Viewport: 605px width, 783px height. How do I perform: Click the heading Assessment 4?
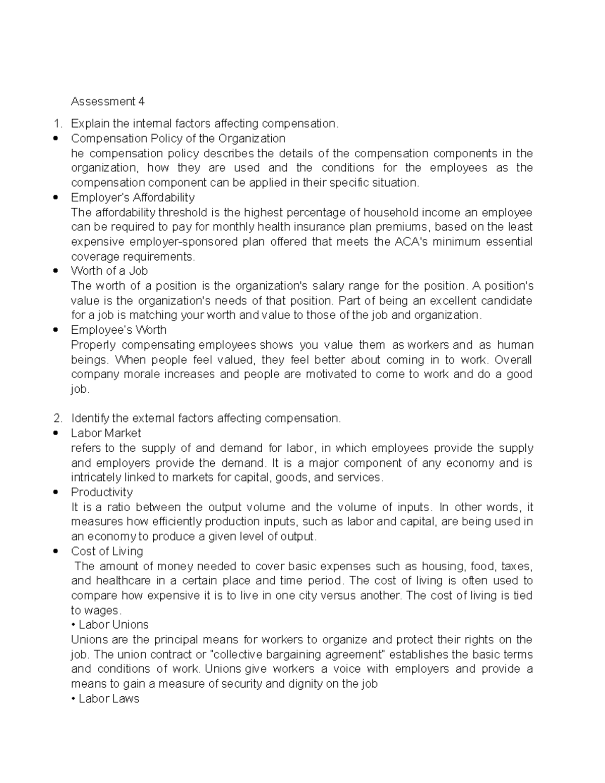107,102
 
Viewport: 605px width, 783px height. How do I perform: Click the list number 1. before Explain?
58,124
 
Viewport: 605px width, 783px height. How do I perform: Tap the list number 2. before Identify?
58,418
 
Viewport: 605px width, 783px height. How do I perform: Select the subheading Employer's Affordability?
133,198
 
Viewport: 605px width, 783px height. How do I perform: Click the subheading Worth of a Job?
109,271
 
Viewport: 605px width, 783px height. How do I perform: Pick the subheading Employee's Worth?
118,330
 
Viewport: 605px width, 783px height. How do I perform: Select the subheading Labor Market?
106,434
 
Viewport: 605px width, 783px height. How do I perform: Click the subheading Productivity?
102,493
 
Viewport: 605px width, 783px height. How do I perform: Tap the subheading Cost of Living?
107,552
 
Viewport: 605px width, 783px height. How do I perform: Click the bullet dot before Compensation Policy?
56,139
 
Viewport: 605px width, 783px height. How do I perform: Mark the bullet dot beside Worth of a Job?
56,271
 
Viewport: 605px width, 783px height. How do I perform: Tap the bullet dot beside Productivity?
56,493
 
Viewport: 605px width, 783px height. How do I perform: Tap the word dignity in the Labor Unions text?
312,684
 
